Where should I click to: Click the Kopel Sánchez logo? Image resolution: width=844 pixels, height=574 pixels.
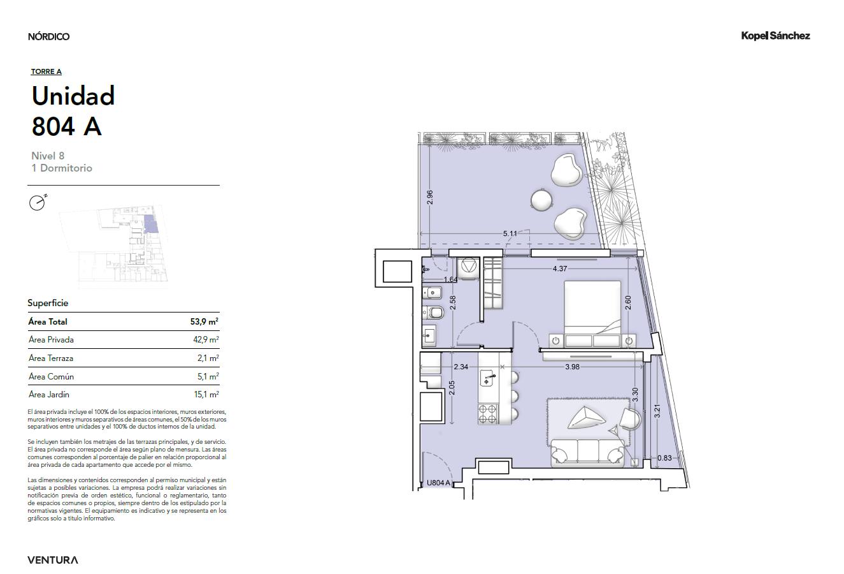pyautogui.click(x=775, y=36)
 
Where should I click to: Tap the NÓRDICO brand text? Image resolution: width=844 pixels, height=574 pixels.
pyautogui.click(x=48, y=36)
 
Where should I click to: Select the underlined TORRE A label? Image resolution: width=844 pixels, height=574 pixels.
pyautogui.click(x=46, y=71)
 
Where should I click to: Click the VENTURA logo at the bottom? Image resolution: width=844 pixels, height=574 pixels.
pyautogui.click(x=53, y=560)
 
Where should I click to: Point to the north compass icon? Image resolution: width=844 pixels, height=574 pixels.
pyautogui.click(x=38, y=203)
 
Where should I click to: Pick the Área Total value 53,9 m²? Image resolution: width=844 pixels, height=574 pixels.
pyautogui.click(x=204, y=321)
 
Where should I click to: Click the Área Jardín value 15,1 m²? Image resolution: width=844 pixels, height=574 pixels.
pyautogui.click(x=206, y=395)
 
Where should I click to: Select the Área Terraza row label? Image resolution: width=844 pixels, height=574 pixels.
pyautogui.click(x=51, y=358)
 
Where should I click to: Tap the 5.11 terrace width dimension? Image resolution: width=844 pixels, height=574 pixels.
pyautogui.click(x=510, y=233)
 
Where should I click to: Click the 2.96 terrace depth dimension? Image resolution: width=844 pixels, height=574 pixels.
pyautogui.click(x=429, y=197)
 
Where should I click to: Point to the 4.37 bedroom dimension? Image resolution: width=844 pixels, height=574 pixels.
pyautogui.click(x=560, y=269)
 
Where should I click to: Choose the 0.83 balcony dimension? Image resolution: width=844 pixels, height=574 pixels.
pyautogui.click(x=664, y=458)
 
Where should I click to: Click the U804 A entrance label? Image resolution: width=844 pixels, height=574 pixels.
pyautogui.click(x=439, y=483)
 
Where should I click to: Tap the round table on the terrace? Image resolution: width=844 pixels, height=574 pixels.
pyautogui.click(x=542, y=199)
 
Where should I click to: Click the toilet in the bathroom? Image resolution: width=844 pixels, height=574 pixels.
pyautogui.click(x=433, y=313)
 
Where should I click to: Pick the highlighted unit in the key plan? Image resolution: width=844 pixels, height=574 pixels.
pyautogui.click(x=151, y=224)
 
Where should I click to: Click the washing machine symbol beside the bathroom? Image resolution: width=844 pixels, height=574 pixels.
pyautogui.click(x=469, y=265)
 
